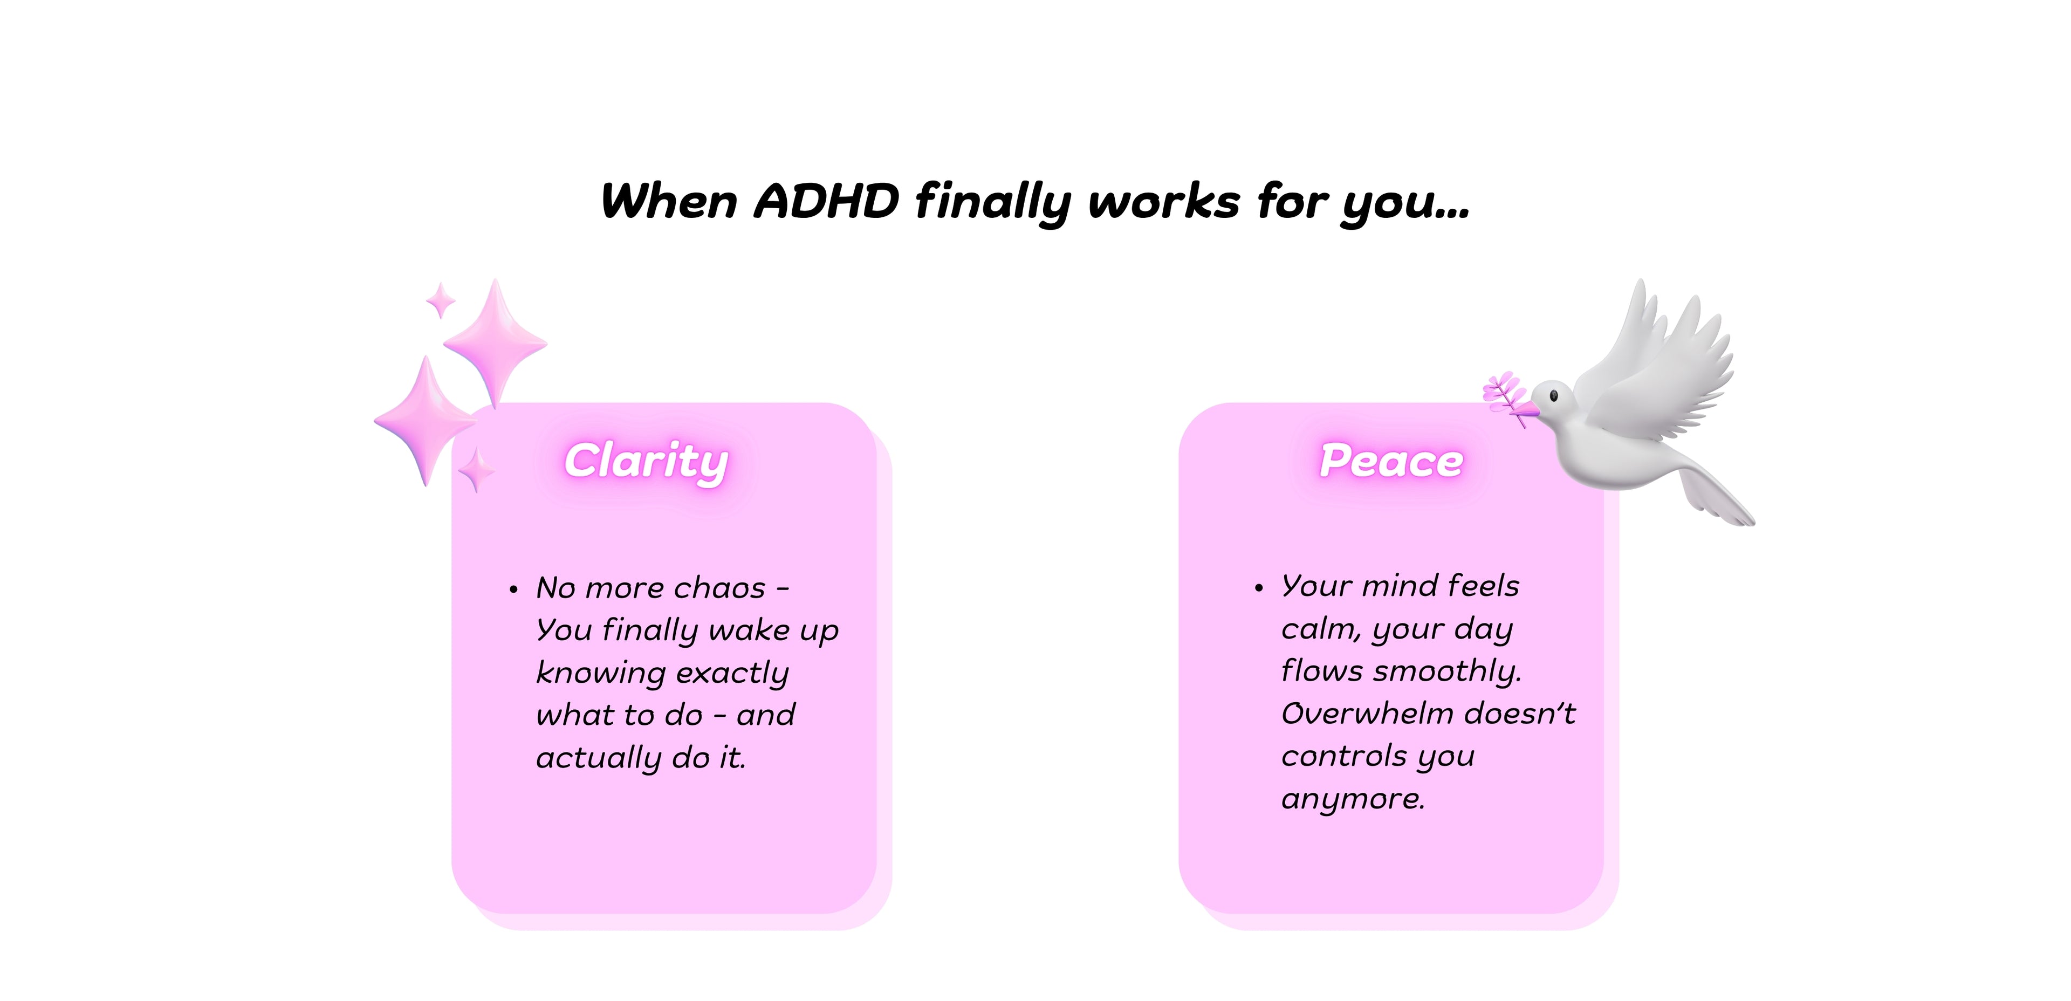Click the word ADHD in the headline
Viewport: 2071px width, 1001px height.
point(826,201)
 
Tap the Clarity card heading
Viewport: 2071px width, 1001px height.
point(647,462)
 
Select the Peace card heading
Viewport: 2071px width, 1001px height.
point(1391,462)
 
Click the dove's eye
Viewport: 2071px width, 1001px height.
point(1553,395)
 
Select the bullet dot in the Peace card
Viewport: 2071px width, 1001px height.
point(1259,588)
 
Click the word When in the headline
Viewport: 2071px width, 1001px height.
point(669,201)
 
